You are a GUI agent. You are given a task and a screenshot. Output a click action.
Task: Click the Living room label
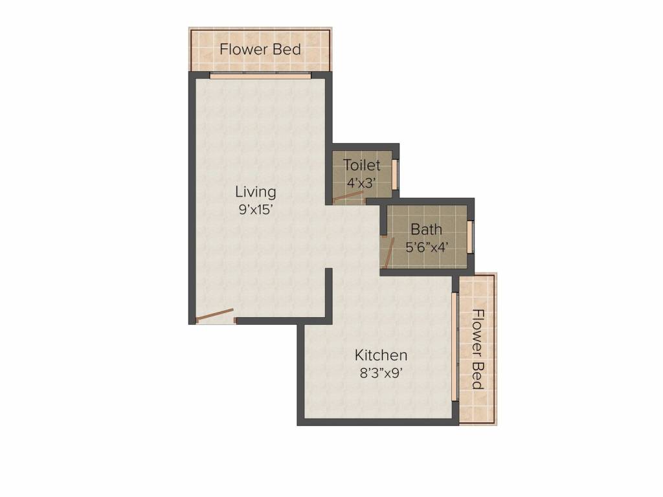[x=255, y=192]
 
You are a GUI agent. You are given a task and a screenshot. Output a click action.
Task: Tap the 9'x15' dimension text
[x=255, y=209]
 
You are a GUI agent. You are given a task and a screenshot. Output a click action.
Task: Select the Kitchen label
[x=381, y=355]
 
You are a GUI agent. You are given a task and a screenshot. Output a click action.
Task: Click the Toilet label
[x=362, y=165]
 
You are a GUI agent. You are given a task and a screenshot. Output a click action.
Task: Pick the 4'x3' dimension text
[x=362, y=182]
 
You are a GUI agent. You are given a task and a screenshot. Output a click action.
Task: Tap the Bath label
[x=427, y=229]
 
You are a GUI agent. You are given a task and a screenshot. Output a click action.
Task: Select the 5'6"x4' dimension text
[x=427, y=247]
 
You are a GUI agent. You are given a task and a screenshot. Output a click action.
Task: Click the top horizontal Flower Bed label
[x=260, y=49]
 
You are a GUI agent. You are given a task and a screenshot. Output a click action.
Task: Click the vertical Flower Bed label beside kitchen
[x=478, y=349]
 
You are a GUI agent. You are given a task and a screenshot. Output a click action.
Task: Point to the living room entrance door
[x=215, y=316]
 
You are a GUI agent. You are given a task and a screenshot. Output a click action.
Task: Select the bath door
[x=388, y=252]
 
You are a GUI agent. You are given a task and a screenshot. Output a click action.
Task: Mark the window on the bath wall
[x=471, y=235]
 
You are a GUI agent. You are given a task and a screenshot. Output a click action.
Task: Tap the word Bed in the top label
[x=287, y=49]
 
